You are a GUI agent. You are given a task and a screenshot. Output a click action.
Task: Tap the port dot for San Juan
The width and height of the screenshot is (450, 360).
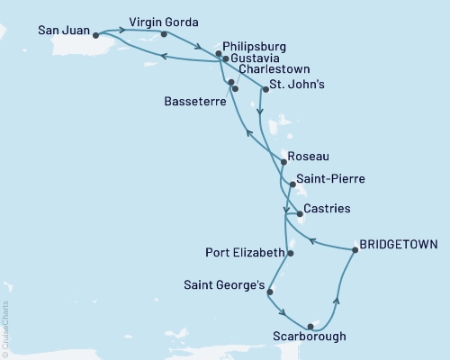tap(96, 36)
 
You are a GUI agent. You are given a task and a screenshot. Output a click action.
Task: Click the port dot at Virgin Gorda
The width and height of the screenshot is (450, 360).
tap(164, 34)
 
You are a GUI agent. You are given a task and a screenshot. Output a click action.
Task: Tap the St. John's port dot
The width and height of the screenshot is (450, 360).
tap(266, 89)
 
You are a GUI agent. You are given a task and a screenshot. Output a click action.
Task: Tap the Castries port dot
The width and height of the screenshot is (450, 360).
tap(299, 214)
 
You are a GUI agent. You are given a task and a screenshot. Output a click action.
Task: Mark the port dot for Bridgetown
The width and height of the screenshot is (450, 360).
tap(355, 251)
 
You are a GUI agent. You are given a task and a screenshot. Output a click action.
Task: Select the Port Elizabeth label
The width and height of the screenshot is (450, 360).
tap(244, 253)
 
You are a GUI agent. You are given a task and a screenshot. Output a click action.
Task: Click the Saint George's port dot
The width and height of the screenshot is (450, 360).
tap(270, 292)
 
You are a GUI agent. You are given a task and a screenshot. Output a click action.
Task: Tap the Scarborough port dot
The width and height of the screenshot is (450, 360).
tap(310, 326)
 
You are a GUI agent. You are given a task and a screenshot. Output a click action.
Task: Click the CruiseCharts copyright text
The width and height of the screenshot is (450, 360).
tap(6, 328)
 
